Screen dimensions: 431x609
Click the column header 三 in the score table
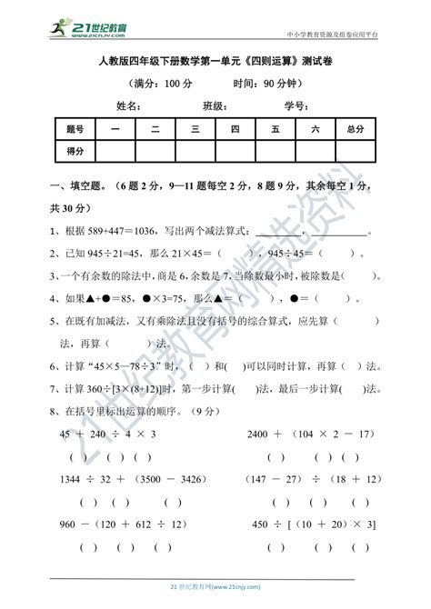click(x=195, y=130)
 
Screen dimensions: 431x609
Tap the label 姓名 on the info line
click(x=127, y=105)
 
